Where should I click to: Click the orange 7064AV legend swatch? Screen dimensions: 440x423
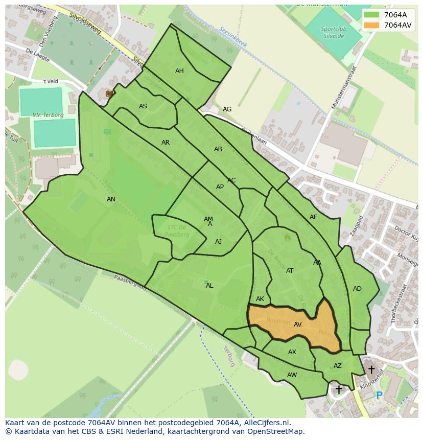[371, 25]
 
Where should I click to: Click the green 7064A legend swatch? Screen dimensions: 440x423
[371, 15]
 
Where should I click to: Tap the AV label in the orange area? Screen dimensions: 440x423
[297, 325]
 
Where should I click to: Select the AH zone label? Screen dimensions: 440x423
[179, 71]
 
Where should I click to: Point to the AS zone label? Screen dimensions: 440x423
[143, 106]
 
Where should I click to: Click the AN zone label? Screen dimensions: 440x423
[111, 199]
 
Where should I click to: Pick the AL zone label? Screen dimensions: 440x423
[209, 286]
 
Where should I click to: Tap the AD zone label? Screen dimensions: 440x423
[357, 289]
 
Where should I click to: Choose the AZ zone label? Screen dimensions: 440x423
[338, 366]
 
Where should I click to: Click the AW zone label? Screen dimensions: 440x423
[292, 375]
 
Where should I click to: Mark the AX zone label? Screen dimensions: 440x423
[292, 352]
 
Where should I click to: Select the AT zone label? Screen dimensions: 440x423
[290, 271]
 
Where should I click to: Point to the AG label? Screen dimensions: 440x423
[227, 109]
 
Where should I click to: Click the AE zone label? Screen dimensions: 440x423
[313, 217]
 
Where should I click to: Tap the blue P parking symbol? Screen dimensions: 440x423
[379, 395]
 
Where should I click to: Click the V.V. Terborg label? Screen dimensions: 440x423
[48, 115]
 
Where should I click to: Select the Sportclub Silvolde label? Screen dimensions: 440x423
[334, 32]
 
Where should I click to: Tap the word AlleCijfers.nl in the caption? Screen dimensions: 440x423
[265, 423]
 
